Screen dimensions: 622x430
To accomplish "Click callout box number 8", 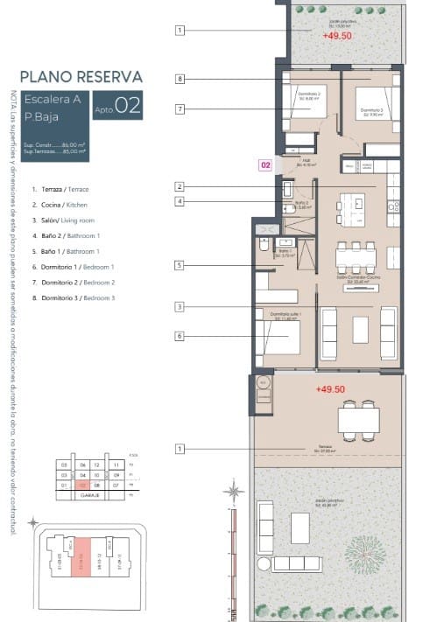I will [179, 79].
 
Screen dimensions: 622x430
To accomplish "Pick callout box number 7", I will [179, 109].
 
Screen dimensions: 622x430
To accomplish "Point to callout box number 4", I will [179, 201].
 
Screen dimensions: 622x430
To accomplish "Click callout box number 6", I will [179, 336].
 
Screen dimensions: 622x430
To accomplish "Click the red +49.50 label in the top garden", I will [336, 37].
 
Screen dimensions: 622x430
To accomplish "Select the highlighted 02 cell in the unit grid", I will [81, 484].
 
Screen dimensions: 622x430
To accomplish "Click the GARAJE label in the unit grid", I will [90, 494].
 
